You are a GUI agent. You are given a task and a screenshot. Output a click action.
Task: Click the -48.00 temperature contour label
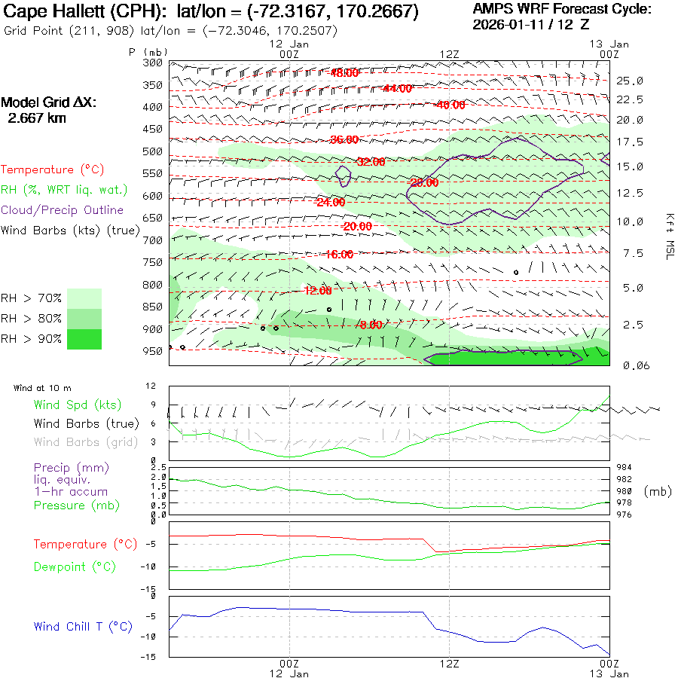click(x=344, y=73)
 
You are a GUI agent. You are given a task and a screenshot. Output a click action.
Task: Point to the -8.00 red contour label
click(x=370, y=325)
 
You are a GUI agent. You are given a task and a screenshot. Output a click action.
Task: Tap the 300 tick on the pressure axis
click(x=154, y=63)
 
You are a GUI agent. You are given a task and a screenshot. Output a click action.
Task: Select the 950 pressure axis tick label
click(x=154, y=351)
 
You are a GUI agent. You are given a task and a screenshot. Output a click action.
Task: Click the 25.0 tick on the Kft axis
click(x=630, y=81)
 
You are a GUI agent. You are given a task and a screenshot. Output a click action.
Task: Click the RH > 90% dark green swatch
click(x=84, y=339)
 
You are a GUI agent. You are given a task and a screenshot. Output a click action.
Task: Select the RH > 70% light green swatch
click(x=84, y=298)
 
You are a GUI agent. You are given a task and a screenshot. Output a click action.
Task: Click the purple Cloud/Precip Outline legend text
click(x=63, y=210)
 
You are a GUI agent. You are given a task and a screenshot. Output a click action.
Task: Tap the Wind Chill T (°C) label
click(x=83, y=626)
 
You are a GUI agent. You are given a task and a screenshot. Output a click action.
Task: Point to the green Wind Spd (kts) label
click(x=78, y=405)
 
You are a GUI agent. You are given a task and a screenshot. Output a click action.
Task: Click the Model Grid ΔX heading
click(x=49, y=102)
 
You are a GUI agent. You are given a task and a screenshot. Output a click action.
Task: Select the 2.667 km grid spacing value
click(x=37, y=118)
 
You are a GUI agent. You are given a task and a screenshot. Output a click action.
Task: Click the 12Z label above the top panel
click(x=449, y=53)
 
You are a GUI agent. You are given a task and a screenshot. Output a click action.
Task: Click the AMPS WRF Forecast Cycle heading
click(x=562, y=9)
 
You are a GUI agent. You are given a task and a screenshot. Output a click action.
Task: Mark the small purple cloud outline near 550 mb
click(x=343, y=176)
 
